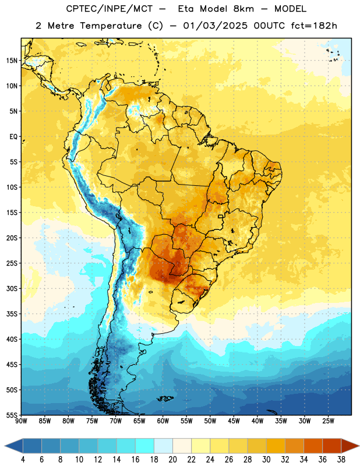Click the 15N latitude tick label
tap(12, 61)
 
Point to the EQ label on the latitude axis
tap(13, 137)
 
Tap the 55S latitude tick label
tap(12, 415)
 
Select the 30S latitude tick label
tap(12, 288)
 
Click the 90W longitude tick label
tap(22, 421)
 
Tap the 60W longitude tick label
tap(163, 421)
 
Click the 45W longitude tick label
tap(234, 421)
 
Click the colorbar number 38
tap(341, 460)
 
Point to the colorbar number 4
tap(23, 460)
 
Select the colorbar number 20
tap(172, 460)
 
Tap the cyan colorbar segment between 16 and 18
tap(145, 446)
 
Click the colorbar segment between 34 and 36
tap(313, 446)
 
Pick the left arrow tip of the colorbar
tap(5, 446)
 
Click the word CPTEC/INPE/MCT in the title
tap(109, 9)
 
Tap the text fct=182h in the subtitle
tap(314, 26)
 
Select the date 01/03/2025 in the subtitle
tap(215, 26)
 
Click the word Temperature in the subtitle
tap(111, 26)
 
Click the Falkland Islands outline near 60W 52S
tap(165, 398)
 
